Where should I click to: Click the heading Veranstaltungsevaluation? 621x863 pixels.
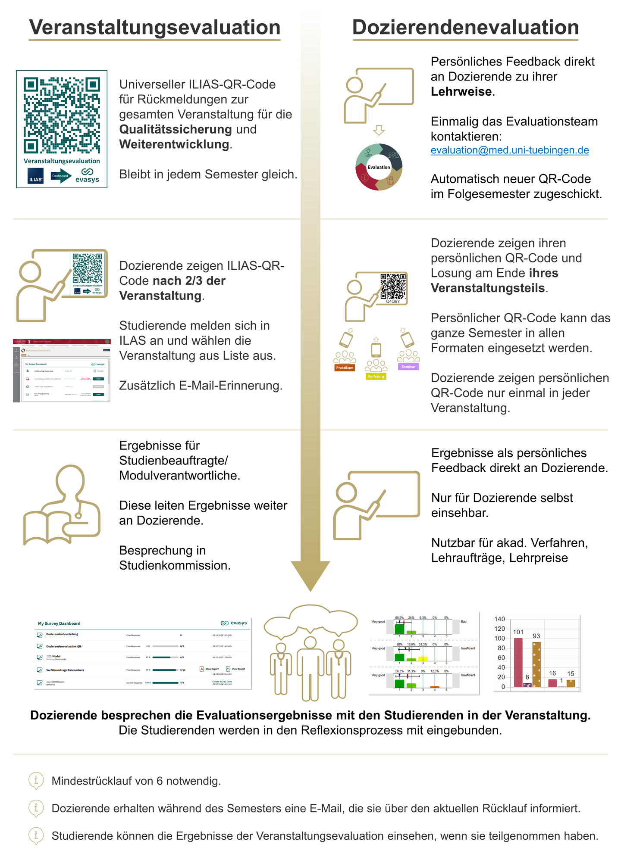click(x=154, y=28)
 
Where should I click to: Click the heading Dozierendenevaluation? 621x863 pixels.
click(x=465, y=28)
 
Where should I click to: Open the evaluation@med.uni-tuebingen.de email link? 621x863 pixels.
click(x=509, y=150)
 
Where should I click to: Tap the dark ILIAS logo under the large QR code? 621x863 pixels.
click(x=36, y=178)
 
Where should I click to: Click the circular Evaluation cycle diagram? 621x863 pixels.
click(x=379, y=167)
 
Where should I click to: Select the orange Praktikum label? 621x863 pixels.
click(x=345, y=368)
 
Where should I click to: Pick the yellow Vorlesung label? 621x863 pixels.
click(x=376, y=376)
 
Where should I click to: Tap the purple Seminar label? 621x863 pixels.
click(x=408, y=367)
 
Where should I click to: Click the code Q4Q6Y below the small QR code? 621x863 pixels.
click(x=393, y=302)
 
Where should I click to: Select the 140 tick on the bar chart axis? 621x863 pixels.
click(x=499, y=619)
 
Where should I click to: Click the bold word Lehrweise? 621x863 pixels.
click(x=461, y=92)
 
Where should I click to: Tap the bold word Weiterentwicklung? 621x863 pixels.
click(x=174, y=144)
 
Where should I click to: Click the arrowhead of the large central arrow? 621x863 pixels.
click(x=310, y=575)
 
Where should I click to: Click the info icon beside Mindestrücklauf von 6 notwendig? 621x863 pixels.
click(x=36, y=780)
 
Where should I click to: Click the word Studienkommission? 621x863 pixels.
click(x=175, y=565)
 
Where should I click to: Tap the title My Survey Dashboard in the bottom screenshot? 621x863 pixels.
click(x=59, y=623)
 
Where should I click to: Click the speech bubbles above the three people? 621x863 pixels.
click(x=310, y=621)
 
